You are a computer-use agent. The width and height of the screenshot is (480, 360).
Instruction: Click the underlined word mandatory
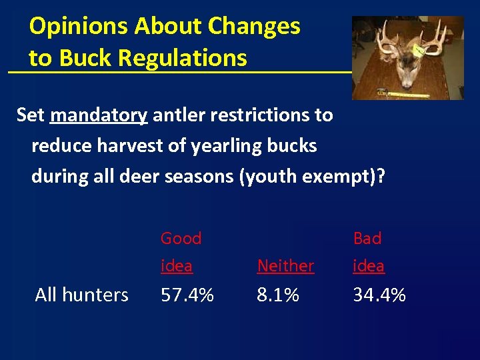[x=99, y=115]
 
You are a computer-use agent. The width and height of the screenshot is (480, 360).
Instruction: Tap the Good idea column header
[x=180, y=251]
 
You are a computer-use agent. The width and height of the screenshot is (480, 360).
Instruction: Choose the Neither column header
[x=285, y=266]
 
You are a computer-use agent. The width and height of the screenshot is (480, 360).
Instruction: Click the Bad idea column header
[x=369, y=251]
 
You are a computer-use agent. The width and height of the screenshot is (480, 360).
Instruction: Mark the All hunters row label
[x=81, y=294]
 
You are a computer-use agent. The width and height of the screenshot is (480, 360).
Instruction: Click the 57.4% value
[x=187, y=294]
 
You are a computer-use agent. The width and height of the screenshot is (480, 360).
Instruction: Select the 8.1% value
[x=278, y=294]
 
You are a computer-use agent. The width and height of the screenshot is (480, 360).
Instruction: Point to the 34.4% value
[x=379, y=294]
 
